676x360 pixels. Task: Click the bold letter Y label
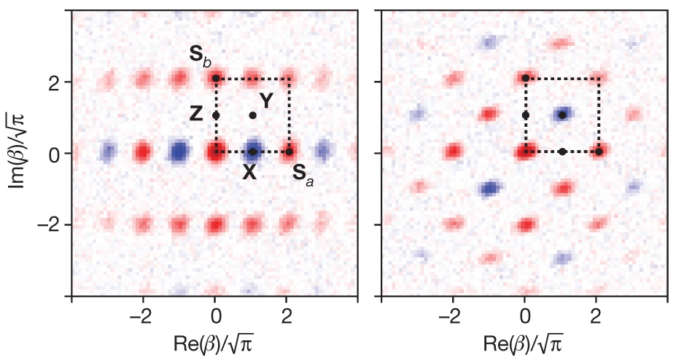point(266,101)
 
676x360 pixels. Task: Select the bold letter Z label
point(196,114)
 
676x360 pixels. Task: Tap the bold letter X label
point(249,173)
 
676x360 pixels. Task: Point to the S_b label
point(200,56)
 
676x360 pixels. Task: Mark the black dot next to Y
point(252,115)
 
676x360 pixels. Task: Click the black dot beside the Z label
point(216,115)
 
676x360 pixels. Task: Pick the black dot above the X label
point(252,152)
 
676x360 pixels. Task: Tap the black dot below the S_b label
point(216,79)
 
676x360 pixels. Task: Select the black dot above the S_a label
point(290,152)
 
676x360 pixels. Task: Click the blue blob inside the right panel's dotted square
point(562,115)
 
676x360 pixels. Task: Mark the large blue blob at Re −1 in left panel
point(179,152)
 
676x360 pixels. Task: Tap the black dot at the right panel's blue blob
point(562,115)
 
